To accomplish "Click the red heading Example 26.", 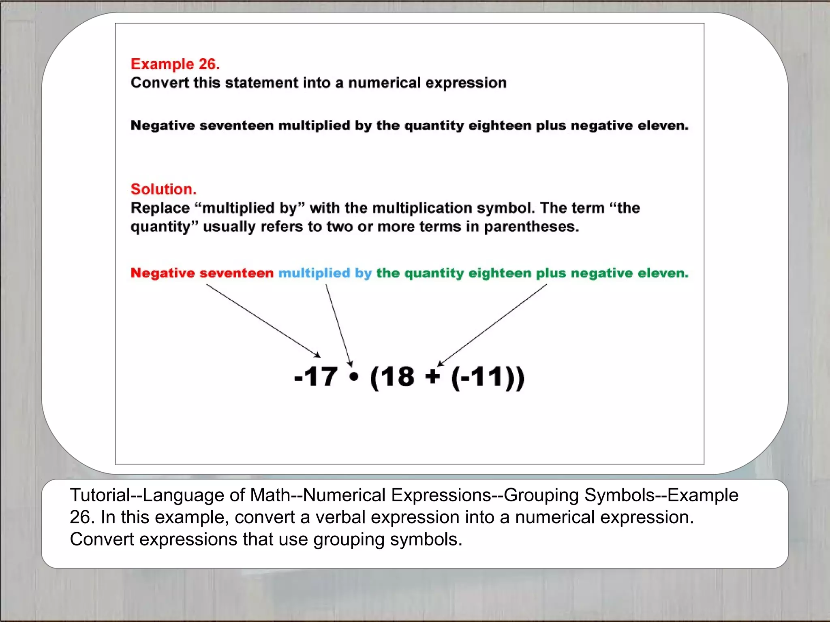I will click(175, 64).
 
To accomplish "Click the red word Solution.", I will click(163, 189).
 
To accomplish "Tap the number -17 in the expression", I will click(316, 377).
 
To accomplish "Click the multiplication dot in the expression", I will click(354, 377).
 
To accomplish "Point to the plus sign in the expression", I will click(433, 377).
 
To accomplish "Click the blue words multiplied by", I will click(325, 273).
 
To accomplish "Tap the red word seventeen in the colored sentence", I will click(236, 273).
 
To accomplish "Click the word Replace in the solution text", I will click(160, 208).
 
